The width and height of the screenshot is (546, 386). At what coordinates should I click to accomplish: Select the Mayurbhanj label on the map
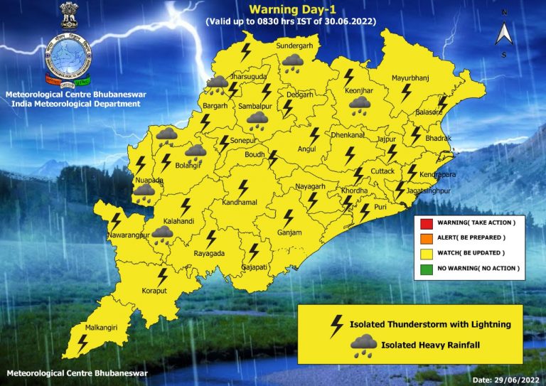pyautogui.click(x=410, y=77)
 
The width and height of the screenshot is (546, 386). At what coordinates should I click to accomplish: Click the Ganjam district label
pyautogui.click(x=289, y=232)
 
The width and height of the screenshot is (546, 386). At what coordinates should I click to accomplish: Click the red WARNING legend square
pyautogui.click(x=426, y=223)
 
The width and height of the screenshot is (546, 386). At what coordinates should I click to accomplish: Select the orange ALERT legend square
pyautogui.click(x=426, y=238)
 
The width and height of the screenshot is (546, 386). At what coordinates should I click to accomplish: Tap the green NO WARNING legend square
pyautogui.click(x=426, y=268)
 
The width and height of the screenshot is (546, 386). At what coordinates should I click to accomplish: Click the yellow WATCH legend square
pyautogui.click(x=426, y=253)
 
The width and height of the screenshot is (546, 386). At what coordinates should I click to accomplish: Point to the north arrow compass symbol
pyautogui.click(x=503, y=33)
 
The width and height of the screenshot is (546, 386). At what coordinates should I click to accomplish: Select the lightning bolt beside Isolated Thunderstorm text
pyautogui.click(x=336, y=325)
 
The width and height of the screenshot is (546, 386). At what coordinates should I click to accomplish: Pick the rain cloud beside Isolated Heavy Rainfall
pyautogui.click(x=363, y=345)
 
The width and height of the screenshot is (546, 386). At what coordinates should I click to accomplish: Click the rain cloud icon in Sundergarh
pyautogui.click(x=291, y=64)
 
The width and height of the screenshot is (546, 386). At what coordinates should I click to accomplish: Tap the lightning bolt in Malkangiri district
pyautogui.click(x=83, y=342)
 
